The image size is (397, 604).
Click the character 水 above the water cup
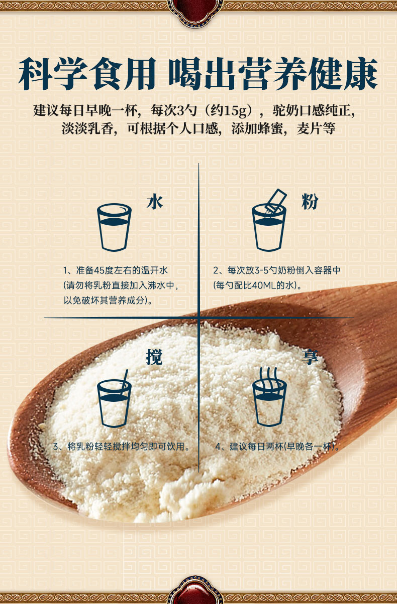[155, 202]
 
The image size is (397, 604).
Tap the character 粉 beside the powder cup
[310, 202]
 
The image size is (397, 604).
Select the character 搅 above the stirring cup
[154, 357]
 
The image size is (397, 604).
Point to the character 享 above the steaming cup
[310, 357]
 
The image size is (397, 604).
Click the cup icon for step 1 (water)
[114, 227]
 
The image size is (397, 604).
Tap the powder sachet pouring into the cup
[275, 201]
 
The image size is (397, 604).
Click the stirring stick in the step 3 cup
[125, 381]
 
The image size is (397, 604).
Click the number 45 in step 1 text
[99, 270]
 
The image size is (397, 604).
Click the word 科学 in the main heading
[53, 73]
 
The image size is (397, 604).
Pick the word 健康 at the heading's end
[344, 73]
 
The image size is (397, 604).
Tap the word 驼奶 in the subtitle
[286, 110]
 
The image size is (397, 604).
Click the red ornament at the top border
[195, 13]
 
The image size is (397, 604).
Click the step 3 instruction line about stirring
[121, 446]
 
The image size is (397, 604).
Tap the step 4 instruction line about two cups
[277, 446]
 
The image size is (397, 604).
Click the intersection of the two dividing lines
[199, 318]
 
